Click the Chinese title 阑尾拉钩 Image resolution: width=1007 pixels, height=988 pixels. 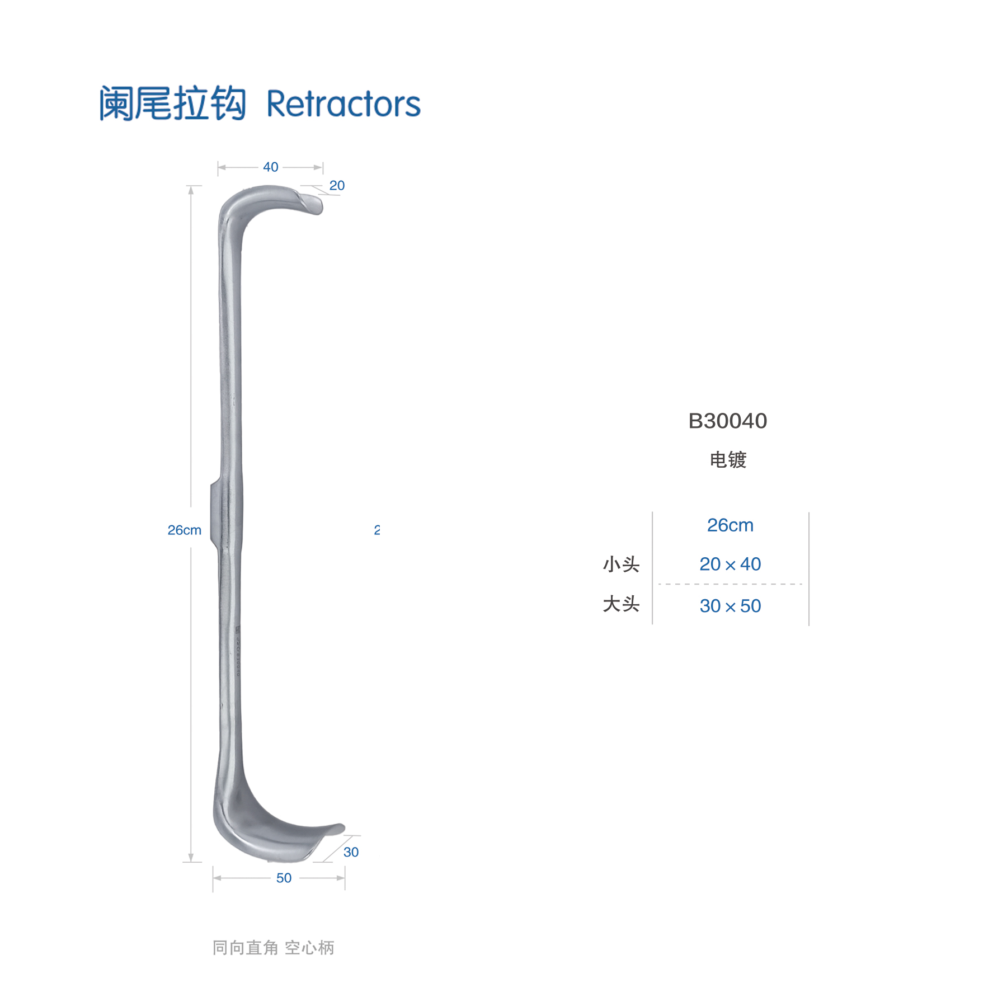(x=172, y=103)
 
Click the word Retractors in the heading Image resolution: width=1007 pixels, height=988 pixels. (x=343, y=104)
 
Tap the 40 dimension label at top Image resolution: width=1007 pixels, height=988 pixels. (x=271, y=167)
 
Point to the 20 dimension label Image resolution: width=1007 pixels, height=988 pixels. (x=337, y=185)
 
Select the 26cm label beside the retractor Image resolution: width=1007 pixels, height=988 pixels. (x=185, y=530)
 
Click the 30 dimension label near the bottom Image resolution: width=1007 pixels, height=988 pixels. (x=351, y=852)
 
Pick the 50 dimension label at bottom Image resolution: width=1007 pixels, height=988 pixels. (x=284, y=878)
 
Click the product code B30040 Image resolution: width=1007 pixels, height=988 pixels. (x=727, y=421)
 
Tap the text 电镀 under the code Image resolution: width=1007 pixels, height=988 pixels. (x=728, y=460)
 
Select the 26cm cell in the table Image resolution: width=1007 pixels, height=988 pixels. (x=730, y=525)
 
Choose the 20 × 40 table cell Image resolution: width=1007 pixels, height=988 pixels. (x=730, y=564)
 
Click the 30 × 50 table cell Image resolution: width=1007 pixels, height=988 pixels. (x=730, y=606)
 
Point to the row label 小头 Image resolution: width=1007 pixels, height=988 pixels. (x=621, y=564)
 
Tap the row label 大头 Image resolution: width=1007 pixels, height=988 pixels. (x=621, y=604)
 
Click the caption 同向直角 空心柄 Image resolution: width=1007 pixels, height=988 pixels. (x=273, y=948)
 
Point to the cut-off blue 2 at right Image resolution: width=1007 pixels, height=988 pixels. (x=377, y=530)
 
